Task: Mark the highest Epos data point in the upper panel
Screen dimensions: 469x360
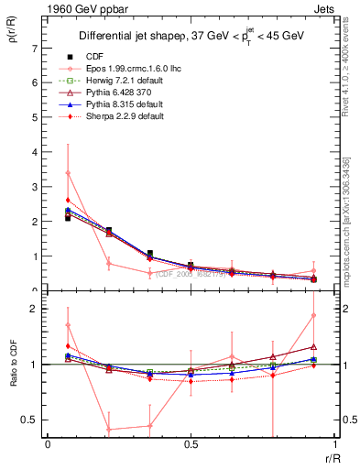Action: [x=69, y=173]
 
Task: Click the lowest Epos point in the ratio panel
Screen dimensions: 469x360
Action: [x=108, y=429]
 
